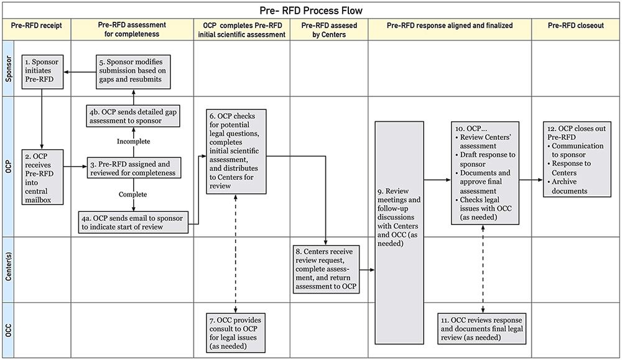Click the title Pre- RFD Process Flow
[x=310, y=11]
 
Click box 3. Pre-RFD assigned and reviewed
[x=134, y=167]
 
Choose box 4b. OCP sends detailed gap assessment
[x=133, y=116]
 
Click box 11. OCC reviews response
[x=483, y=328]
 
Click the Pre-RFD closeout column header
[x=575, y=25]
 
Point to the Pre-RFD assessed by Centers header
[x=329, y=30]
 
